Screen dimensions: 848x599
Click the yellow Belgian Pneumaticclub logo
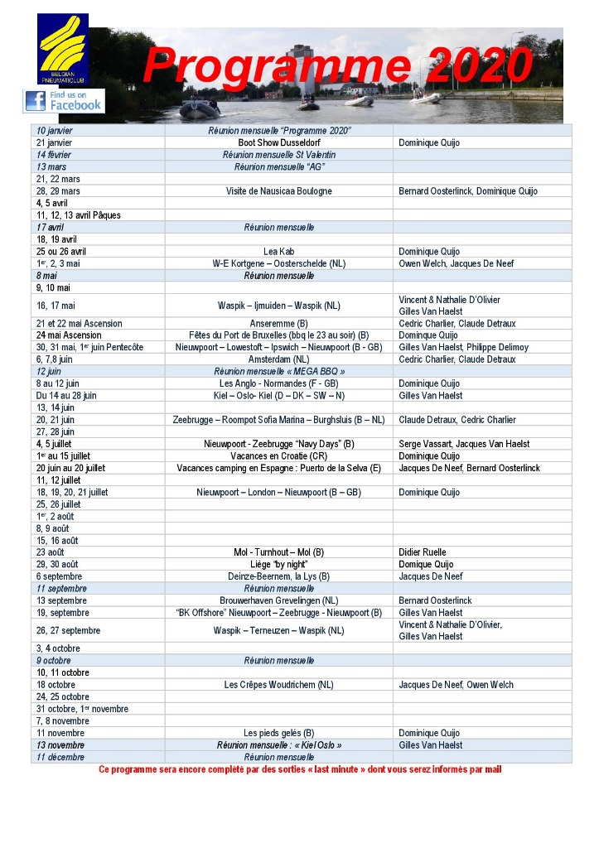[x=63, y=49]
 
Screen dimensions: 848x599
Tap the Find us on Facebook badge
[x=64, y=100]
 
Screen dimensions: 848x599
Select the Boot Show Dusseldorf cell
[x=278, y=142]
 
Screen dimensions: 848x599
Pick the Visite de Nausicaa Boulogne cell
[x=278, y=191]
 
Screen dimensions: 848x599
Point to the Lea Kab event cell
[x=278, y=251]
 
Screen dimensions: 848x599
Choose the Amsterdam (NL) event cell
[x=278, y=359]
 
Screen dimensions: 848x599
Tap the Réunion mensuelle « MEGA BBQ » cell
[x=278, y=372]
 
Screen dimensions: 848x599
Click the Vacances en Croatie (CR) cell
[x=278, y=456]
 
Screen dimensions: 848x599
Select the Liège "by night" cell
[x=278, y=564]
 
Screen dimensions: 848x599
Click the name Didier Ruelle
[x=423, y=552]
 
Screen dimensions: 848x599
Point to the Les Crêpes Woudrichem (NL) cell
[x=278, y=685]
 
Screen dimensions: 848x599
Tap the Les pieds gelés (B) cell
[x=278, y=733]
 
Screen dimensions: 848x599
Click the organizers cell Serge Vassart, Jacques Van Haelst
[x=464, y=444]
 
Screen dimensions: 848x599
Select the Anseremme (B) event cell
[x=278, y=324]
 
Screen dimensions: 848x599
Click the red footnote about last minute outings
[x=300, y=769]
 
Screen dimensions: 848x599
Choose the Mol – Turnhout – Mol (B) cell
[x=278, y=552]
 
